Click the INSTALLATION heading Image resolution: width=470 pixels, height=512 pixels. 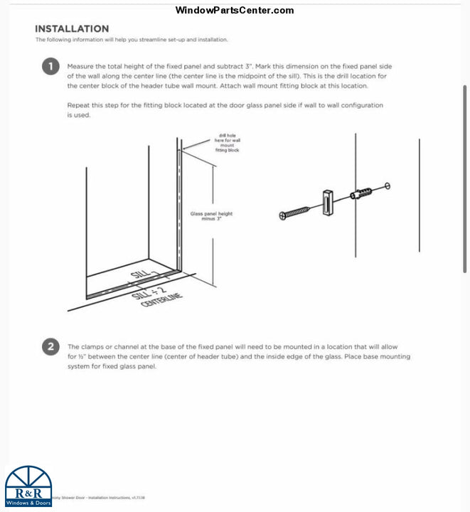pos(72,28)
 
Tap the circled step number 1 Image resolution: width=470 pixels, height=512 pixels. pos(50,68)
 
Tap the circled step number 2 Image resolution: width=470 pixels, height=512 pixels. pos(50,347)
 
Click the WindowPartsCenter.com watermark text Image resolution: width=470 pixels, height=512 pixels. pos(234,10)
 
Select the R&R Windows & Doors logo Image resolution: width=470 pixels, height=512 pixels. pos(28,487)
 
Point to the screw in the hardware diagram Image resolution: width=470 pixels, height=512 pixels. pos(295,212)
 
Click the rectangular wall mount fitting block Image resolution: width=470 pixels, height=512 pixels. pos(327,202)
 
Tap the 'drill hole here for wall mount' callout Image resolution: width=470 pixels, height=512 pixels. pos(228,143)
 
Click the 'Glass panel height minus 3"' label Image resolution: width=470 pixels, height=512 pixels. pos(211,216)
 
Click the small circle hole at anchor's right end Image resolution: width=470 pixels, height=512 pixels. pos(388,186)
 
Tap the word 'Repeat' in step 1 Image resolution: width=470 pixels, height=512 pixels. pos(79,105)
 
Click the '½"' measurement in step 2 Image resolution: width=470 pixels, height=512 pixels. pos(82,356)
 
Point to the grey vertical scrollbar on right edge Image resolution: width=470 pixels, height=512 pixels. pos(465,178)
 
